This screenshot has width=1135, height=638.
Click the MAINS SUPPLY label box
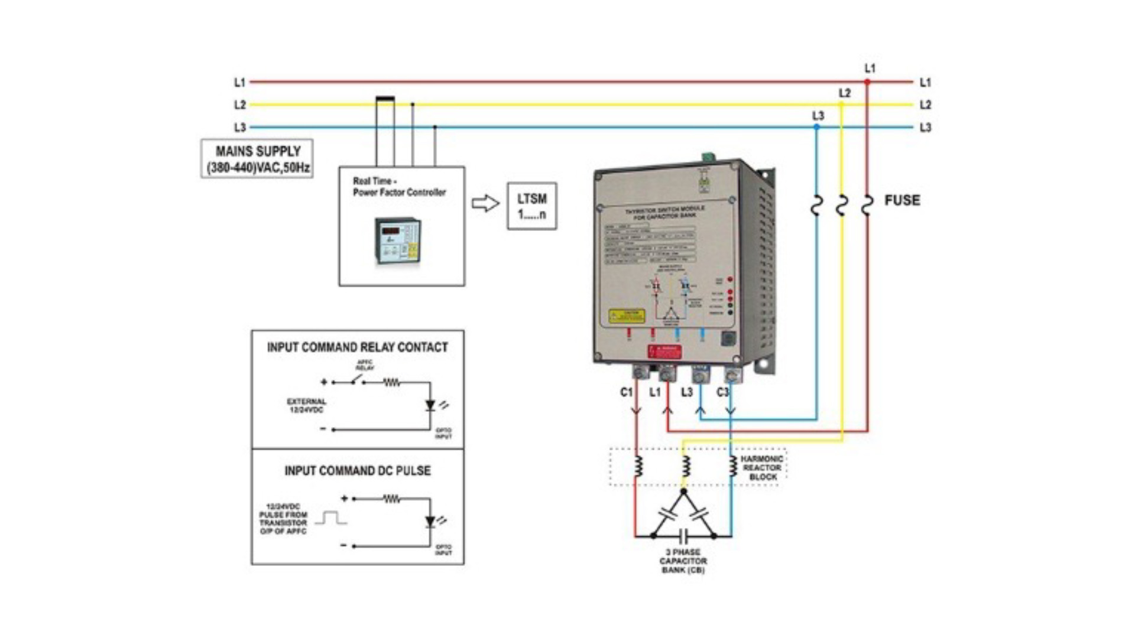257,158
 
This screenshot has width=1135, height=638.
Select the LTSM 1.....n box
531,206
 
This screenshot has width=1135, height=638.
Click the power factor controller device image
398,241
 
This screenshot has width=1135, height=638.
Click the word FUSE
902,200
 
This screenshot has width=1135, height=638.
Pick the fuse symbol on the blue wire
816,205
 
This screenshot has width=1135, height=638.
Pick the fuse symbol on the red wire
867,205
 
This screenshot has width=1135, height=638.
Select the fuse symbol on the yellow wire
842,205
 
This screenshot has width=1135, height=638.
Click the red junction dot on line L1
867,82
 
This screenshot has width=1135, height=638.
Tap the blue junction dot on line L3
816,127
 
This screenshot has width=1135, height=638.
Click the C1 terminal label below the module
626,392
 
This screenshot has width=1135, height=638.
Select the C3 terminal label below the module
722,392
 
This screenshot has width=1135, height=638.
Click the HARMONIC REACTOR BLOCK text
762,467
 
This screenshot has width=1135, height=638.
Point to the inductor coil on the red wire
638,466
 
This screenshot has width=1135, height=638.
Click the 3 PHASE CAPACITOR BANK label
683,561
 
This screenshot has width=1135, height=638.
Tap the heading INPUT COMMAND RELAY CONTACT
357,347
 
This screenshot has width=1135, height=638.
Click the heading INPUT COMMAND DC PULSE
357,471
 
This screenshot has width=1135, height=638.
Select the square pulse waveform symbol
330,518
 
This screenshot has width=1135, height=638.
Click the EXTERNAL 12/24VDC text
306,405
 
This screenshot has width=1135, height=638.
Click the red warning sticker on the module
664,352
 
